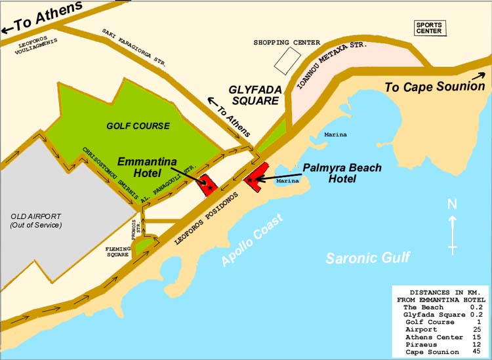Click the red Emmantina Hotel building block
point(209,185)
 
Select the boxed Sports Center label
point(430,28)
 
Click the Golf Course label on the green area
point(138,126)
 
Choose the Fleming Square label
point(119,252)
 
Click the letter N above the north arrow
point(452,205)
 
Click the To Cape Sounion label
point(434,86)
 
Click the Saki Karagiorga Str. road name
point(134,48)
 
